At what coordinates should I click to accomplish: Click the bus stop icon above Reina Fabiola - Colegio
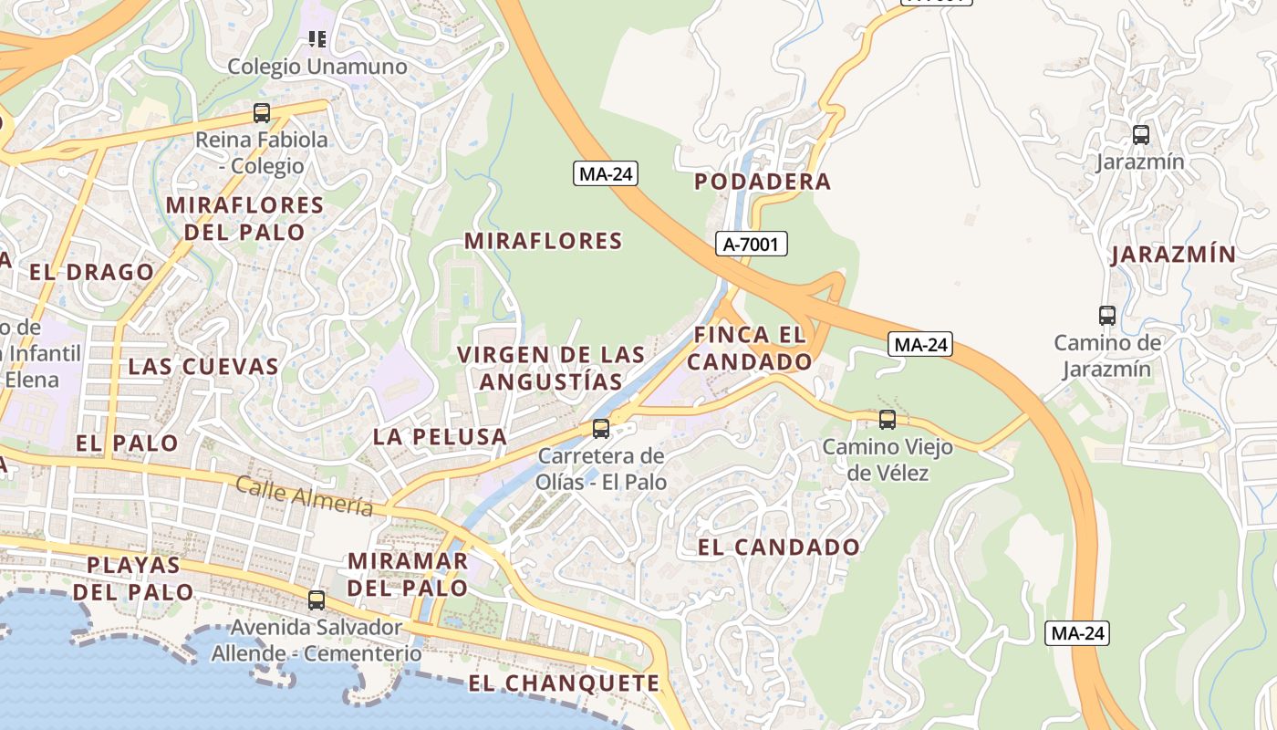[262, 113]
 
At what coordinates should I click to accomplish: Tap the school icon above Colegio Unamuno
[317, 38]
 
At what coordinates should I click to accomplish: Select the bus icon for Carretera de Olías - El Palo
[601, 428]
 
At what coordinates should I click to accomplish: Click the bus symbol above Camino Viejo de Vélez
[888, 420]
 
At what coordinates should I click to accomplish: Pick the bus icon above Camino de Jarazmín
[1107, 316]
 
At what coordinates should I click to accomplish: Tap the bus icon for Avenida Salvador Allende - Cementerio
[317, 600]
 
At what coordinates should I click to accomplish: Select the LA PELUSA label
[440, 436]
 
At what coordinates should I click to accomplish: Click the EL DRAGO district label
[91, 272]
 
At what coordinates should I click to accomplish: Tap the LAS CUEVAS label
[203, 367]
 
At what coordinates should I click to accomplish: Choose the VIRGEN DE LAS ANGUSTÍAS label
[551, 368]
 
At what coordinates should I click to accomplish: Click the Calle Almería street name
[305, 495]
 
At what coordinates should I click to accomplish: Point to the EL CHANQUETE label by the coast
[564, 683]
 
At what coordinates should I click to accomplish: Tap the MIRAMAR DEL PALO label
[408, 574]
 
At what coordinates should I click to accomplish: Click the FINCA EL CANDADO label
[750, 348]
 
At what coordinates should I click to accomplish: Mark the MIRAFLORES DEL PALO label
[244, 218]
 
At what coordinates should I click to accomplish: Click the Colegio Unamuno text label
[317, 67]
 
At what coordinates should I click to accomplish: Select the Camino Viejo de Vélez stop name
[888, 460]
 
